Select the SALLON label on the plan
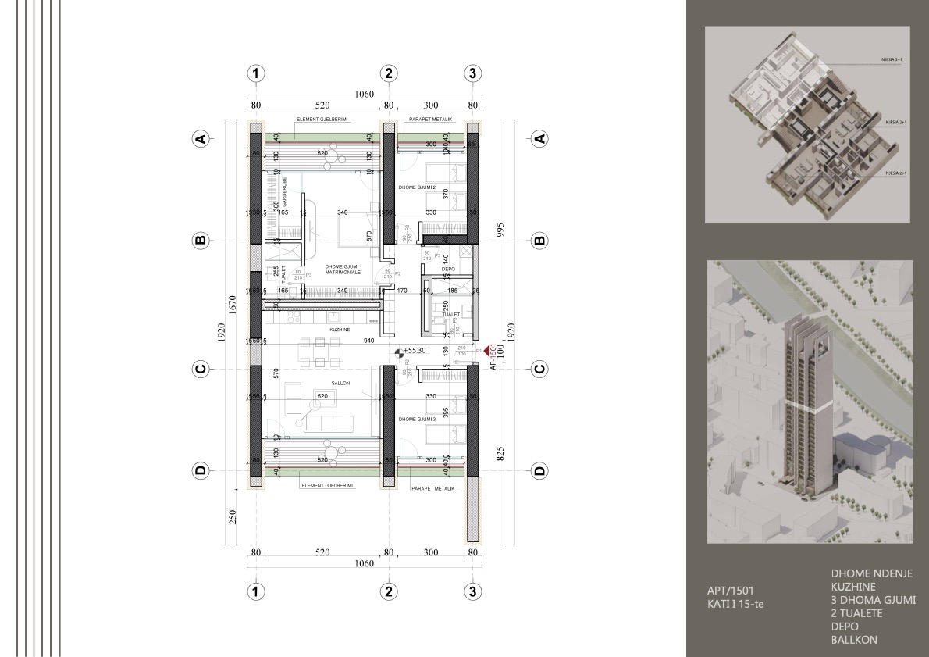(340, 384)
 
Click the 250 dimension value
(232, 517)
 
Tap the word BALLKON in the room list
(854, 640)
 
